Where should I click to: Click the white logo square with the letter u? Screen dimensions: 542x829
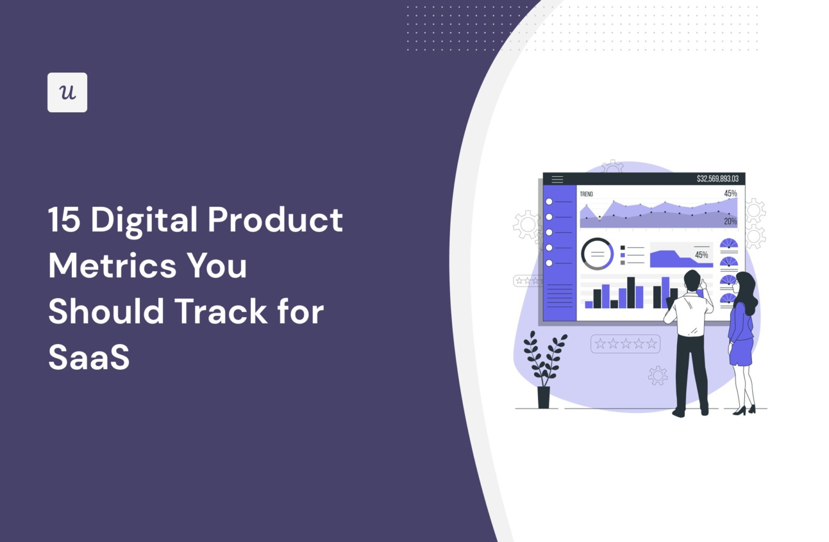pos(67,92)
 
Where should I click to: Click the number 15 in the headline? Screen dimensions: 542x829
pos(64,220)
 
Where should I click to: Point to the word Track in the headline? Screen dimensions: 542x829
pos(221,312)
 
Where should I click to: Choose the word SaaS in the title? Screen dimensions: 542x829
pos(89,357)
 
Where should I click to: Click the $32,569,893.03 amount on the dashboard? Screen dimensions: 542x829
pos(717,179)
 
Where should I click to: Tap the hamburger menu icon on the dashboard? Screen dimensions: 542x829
pos(557,179)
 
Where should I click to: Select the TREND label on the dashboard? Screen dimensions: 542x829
pos(586,194)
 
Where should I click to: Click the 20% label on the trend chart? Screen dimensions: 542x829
pos(730,221)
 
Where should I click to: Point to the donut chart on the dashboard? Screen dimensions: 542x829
pos(597,253)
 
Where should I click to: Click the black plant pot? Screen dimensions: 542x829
pos(543,397)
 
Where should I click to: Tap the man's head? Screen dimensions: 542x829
pos(691,280)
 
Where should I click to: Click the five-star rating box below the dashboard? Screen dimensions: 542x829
pos(626,344)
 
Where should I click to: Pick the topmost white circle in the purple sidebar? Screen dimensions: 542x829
pos(549,202)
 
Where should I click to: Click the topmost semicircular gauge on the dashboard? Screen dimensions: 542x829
pos(729,244)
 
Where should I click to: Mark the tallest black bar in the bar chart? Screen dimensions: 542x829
pos(631,292)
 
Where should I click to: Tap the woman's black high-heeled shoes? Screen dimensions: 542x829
pos(745,410)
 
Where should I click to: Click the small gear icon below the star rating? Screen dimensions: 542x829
pos(657,375)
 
